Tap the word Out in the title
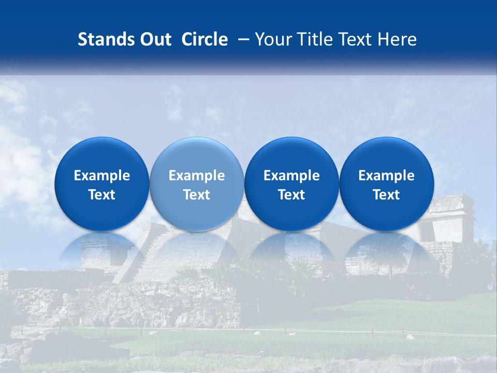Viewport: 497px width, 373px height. click(154, 39)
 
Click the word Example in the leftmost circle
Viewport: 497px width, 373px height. click(102, 176)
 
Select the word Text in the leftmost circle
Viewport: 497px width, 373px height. click(102, 195)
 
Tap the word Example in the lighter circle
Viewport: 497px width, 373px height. click(197, 176)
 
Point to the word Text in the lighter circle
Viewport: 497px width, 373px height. click(197, 195)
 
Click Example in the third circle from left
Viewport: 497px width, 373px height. click(291, 176)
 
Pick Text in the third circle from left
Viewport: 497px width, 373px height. click(291, 195)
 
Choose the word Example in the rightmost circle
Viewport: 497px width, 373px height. click(386, 176)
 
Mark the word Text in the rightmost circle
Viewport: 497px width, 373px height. click(386, 195)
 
